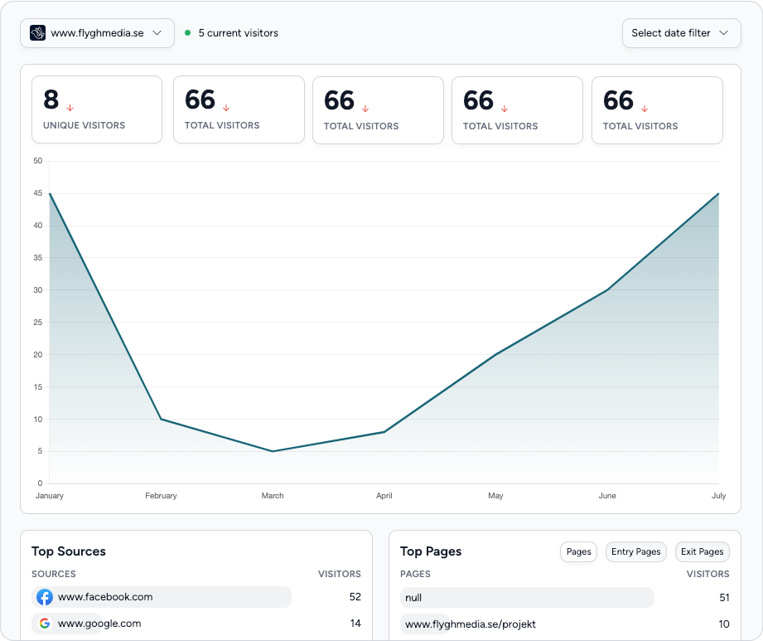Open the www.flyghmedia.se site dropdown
coord(97,33)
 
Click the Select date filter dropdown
coord(681,33)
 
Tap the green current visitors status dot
coord(188,33)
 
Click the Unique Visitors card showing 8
coord(97,109)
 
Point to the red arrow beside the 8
coord(70,108)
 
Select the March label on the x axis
coord(273,496)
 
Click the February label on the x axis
coord(161,496)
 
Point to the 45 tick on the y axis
coord(38,193)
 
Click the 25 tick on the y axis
coord(38,323)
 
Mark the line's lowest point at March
coord(273,451)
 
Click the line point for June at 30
coord(607,289)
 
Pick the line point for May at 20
coord(495,354)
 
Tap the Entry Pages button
coord(635,551)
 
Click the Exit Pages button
coord(702,551)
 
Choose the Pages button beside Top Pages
coord(578,551)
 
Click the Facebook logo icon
coord(45,597)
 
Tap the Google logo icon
coord(45,624)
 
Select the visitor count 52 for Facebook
coord(355,597)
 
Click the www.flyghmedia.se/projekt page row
coord(463,624)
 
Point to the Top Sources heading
coord(69,551)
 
